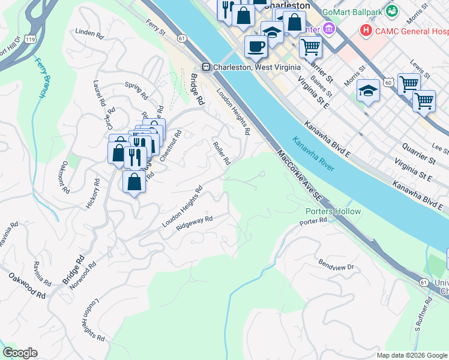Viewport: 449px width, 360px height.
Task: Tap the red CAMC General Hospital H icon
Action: click(365, 29)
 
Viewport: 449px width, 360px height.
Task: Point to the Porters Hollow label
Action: click(333, 211)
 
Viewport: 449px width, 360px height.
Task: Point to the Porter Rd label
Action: click(313, 222)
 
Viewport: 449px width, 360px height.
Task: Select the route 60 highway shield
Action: click(389, 81)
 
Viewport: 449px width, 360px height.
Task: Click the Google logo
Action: click(20, 353)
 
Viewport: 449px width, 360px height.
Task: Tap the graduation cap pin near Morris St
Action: click(368, 91)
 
